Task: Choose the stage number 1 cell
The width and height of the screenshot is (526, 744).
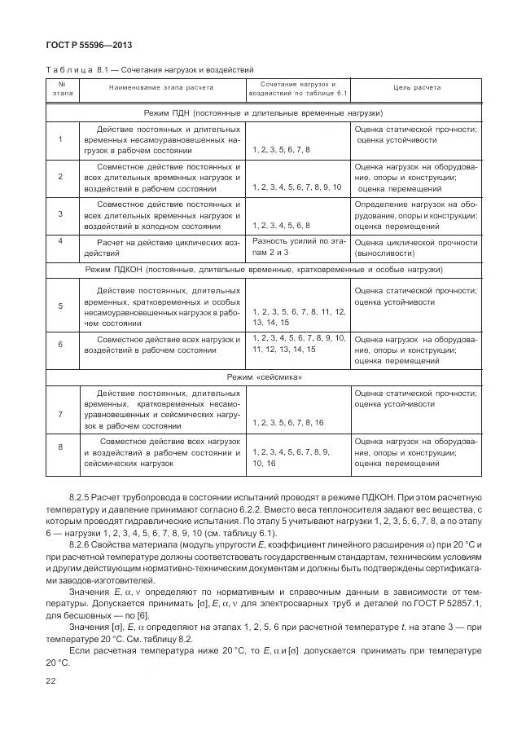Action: tap(61, 139)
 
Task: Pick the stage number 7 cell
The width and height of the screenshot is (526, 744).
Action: tap(61, 414)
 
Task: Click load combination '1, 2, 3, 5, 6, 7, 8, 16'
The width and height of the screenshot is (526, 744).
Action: tap(287, 422)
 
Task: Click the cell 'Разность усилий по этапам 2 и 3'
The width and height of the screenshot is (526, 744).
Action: tap(298, 247)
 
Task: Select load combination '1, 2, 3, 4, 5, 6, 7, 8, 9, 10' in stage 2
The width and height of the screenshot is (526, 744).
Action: tap(296, 187)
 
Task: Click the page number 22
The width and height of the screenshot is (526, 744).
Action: tap(51, 680)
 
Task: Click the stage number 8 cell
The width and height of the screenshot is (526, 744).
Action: tap(61, 447)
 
